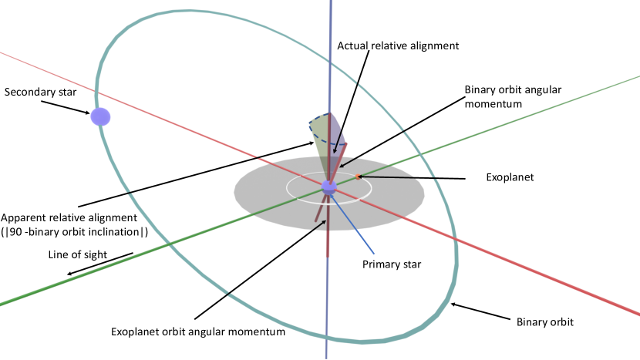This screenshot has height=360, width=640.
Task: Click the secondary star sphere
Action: (101, 117)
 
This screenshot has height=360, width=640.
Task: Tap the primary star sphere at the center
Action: (329, 187)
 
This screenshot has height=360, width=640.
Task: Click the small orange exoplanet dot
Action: (357, 177)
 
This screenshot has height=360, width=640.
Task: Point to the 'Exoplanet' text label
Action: (510, 177)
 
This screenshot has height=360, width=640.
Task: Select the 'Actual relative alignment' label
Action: (398, 45)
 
